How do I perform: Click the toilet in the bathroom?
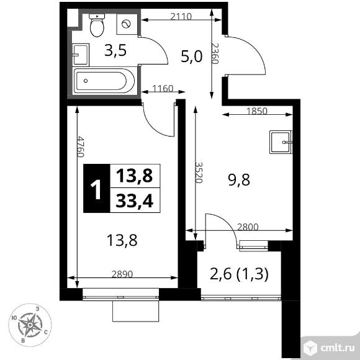[x=97, y=26]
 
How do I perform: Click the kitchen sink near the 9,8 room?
[x=281, y=142]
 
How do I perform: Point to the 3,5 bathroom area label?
[x=115, y=50]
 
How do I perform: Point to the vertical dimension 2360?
[x=215, y=56]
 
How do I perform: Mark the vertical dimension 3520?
[x=199, y=170]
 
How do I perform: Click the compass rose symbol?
[x=30, y=324]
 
